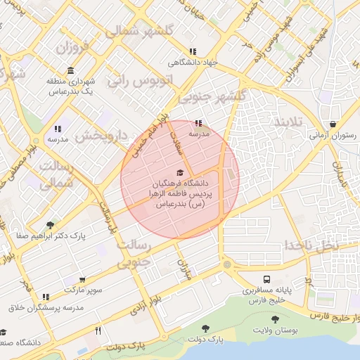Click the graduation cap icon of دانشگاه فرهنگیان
click(x=179, y=172)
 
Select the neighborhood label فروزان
click(x=70, y=49)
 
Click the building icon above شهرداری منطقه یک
click(x=70, y=70)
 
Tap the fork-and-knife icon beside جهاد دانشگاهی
click(x=193, y=51)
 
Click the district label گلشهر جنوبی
click(x=212, y=96)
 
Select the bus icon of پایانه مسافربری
click(x=267, y=279)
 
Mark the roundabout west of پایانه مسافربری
click(x=226, y=265)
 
